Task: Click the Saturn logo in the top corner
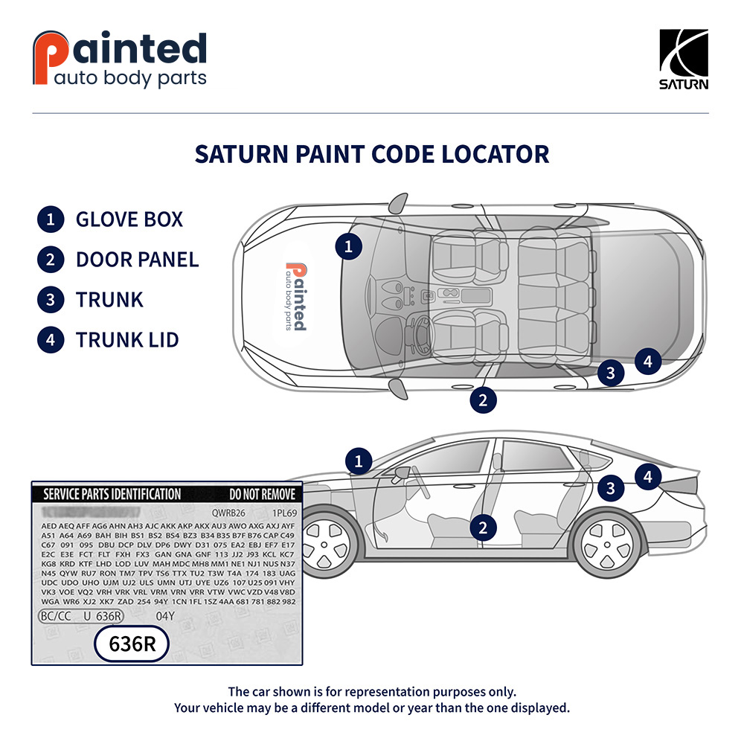[x=684, y=59]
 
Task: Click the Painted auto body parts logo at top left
[x=120, y=59]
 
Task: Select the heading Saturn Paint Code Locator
[x=372, y=154]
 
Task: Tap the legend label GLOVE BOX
[x=129, y=219]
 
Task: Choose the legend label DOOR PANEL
[x=137, y=260]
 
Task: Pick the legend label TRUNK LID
[x=127, y=340]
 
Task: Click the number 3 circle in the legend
[x=50, y=300]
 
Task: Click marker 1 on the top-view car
[x=348, y=246]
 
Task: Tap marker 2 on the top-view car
[x=483, y=400]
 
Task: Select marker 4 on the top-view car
[x=648, y=362]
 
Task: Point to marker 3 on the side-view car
[x=611, y=488]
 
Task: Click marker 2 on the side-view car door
[x=483, y=527]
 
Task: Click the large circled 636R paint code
[x=132, y=644]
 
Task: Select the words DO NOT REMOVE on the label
[x=262, y=494]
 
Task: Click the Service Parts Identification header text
[x=112, y=494]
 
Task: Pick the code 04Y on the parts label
[x=164, y=616]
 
